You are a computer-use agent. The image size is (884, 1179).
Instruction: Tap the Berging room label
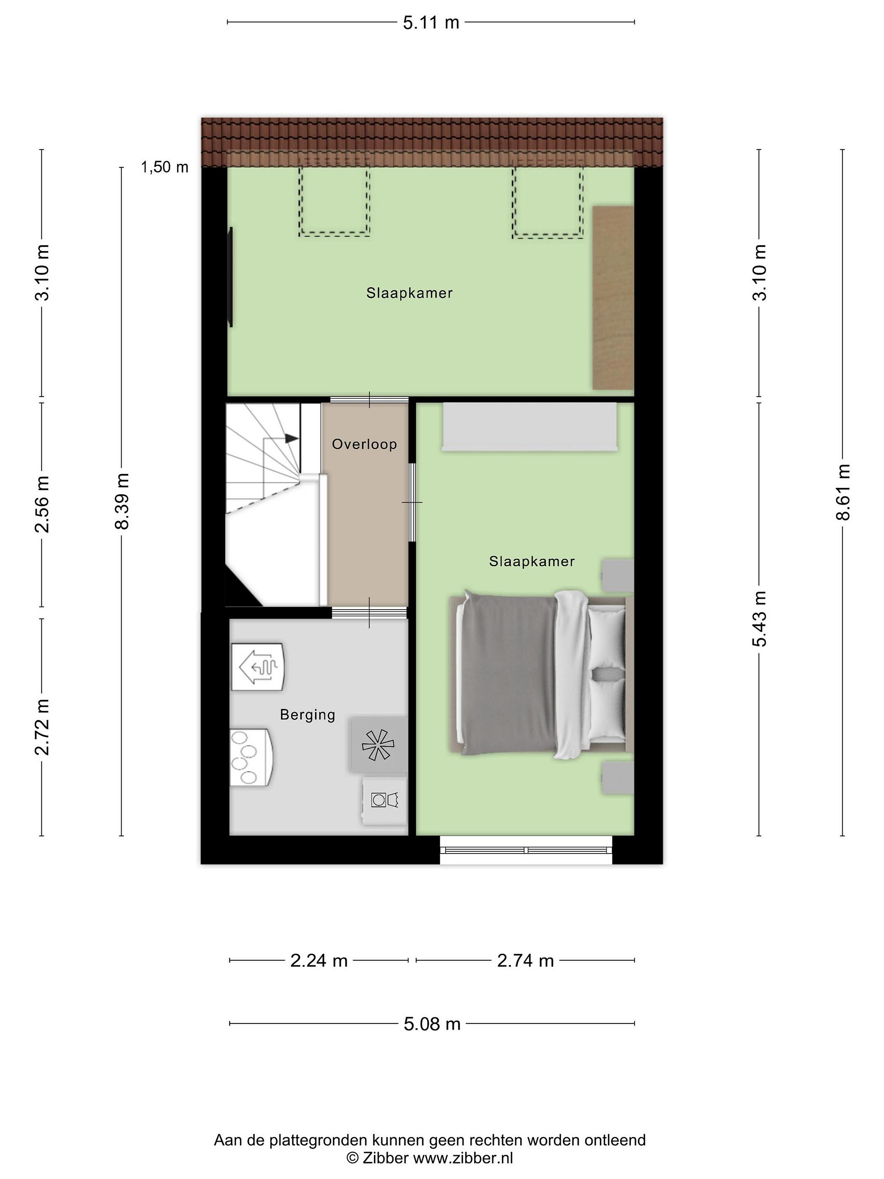click(307, 715)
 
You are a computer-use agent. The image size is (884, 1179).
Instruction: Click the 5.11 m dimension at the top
click(431, 23)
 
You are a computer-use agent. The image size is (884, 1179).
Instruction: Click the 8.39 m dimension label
click(122, 501)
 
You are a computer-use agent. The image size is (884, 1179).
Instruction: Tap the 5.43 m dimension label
click(759, 619)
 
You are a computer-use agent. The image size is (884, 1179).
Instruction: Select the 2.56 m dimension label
click(42, 504)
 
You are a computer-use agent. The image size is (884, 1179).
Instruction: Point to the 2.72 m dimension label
click(42, 727)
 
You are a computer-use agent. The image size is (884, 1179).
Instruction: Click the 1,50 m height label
click(164, 167)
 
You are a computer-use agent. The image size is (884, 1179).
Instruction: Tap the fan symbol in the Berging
click(378, 745)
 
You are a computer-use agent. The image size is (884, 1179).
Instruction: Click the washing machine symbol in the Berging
click(385, 801)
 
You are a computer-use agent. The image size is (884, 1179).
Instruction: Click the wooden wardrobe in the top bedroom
click(613, 298)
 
